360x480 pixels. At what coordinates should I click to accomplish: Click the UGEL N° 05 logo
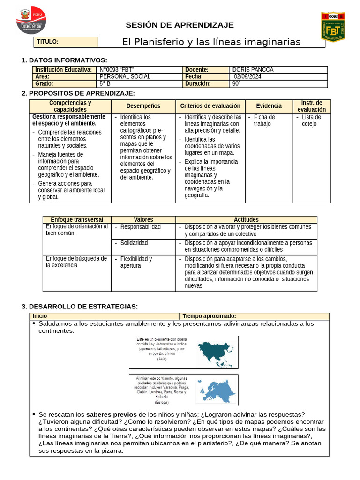coord(31,21)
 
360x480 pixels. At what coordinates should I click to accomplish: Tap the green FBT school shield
coord(333,27)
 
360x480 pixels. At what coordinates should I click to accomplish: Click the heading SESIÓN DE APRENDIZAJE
coord(180,25)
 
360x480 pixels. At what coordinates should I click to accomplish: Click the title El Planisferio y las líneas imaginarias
coord(211,42)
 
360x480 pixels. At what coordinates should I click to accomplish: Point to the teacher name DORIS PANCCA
coord(253,70)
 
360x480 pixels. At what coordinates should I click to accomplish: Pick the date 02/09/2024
coord(247,77)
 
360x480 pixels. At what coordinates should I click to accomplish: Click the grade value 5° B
coord(105,84)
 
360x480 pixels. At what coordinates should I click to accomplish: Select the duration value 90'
coord(236,84)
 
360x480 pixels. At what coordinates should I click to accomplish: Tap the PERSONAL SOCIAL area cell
coord(125,77)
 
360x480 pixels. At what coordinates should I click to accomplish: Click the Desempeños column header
coord(143,106)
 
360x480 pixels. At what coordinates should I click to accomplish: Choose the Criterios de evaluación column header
coord(210,106)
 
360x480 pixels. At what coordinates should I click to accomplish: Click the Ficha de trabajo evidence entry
coord(264,120)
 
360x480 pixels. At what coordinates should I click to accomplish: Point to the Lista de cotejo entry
coord(312,120)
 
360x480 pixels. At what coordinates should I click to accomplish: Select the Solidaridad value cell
coord(134,243)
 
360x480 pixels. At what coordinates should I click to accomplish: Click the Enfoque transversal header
coord(77,219)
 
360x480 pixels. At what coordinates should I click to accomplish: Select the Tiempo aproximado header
coord(209,316)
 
